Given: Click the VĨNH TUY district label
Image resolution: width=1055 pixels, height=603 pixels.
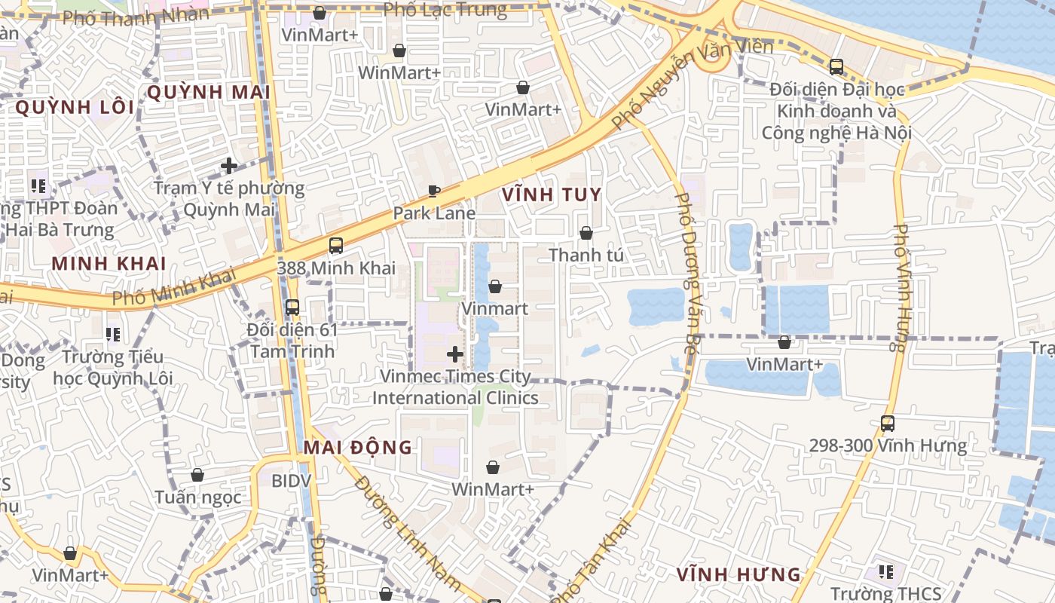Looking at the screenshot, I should click(552, 195).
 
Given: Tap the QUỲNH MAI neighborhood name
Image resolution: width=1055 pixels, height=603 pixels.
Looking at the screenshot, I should click(208, 93).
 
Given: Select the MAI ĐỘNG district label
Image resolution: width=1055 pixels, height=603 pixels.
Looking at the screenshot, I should click(358, 447).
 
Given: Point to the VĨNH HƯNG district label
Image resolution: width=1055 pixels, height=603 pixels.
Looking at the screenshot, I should click(738, 574).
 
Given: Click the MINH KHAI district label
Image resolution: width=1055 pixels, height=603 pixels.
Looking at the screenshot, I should click(109, 263).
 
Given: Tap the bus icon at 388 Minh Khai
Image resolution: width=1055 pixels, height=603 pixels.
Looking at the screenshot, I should click(336, 246).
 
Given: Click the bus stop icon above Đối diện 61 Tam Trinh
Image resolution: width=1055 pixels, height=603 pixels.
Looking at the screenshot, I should click(292, 308).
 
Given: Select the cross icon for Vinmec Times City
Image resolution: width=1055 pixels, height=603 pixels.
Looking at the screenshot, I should click(455, 354).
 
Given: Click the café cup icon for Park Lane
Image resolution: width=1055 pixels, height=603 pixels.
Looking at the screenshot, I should click(434, 191).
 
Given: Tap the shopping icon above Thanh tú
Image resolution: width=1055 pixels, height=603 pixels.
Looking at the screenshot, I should click(586, 233).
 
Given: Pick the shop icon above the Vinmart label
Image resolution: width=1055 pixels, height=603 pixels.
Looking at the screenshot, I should click(495, 286).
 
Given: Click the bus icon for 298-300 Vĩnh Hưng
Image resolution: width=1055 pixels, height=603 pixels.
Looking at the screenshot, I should click(888, 424).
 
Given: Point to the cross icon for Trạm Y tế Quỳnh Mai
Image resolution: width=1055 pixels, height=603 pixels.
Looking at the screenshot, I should click(229, 165).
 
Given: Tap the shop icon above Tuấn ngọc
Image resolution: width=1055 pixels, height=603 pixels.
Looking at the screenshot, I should click(197, 475).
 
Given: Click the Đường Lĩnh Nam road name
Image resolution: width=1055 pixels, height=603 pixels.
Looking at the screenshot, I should click(407, 531).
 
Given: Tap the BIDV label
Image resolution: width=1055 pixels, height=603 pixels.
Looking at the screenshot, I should click(286, 480).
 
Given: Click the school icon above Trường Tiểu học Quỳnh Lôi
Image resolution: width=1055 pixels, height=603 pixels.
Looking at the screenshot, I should click(113, 334).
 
